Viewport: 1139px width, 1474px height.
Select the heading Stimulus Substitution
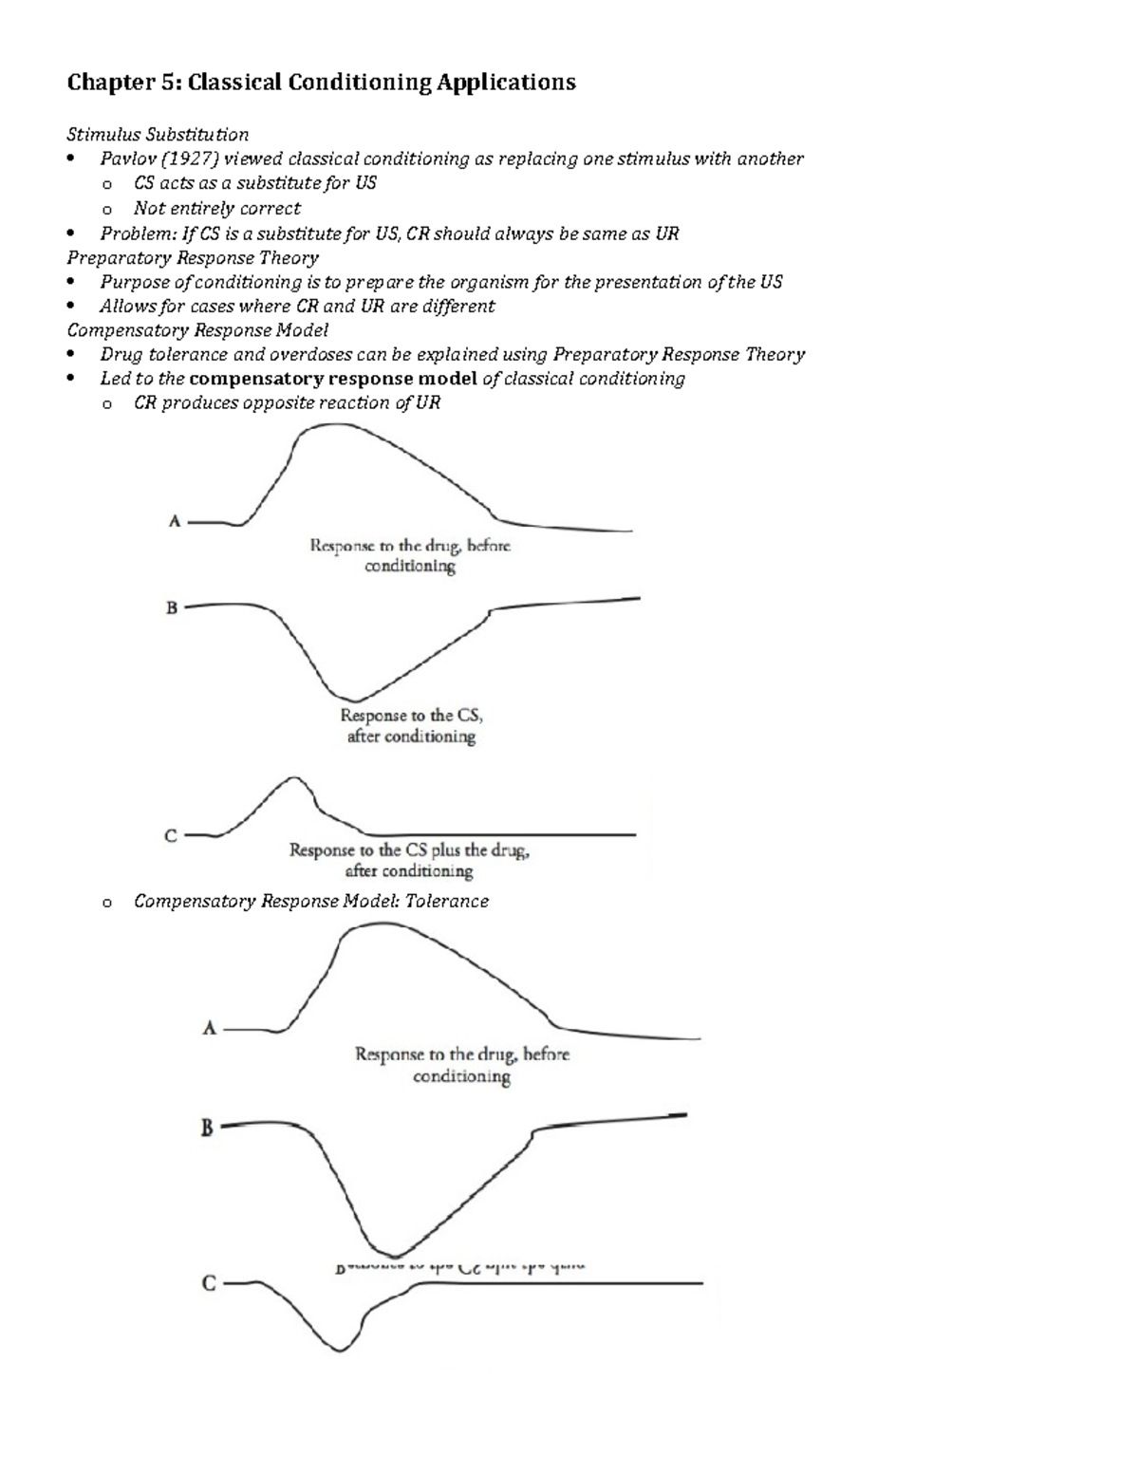pos(158,134)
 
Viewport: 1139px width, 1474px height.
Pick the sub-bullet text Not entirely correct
pos(216,208)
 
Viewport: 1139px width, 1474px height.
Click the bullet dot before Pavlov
pos(72,159)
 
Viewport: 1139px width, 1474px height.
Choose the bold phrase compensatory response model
pos(333,379)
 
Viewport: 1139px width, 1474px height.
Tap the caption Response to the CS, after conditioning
pos(411,726)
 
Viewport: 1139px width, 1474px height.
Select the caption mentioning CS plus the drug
pos(409,860)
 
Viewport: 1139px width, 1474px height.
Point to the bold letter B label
pos(206,1129)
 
